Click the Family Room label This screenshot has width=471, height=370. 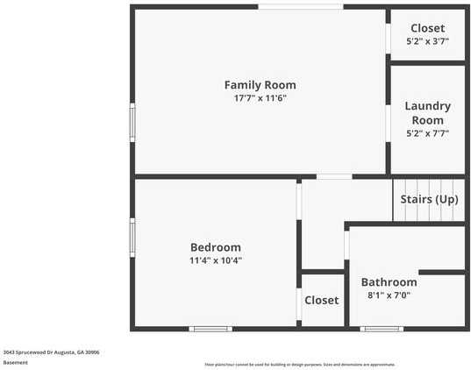click(x=260, y=85)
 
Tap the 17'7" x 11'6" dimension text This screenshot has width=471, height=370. click(x=260, y=98)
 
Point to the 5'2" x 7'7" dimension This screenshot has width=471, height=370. click(x=427, y=134)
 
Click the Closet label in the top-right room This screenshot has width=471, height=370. click(x=427, y=28)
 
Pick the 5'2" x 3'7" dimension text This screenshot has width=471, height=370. click(x=427, y=41)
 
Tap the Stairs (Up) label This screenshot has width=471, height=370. click(x=429, y=199)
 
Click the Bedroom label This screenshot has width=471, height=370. click(x=215, y=247)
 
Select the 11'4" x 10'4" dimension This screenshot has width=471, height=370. click(x=215, y=260)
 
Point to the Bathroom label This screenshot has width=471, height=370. click(x=389, y=282)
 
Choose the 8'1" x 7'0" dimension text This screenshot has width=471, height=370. click(x=389, y=295)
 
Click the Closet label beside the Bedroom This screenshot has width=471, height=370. click(x=321, y=300)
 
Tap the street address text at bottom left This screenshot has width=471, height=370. click(x=51, y=352)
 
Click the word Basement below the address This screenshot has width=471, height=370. click(x=15, y=362)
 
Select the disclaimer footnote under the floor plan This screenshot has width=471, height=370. click(x=299, y=364)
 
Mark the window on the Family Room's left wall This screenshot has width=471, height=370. click(x=132, y=122)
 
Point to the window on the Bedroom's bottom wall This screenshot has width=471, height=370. click(x=211, y=329)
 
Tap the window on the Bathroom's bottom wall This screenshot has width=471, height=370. click(x=382, y=329)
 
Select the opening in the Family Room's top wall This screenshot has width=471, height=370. click(x=300, y=7)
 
